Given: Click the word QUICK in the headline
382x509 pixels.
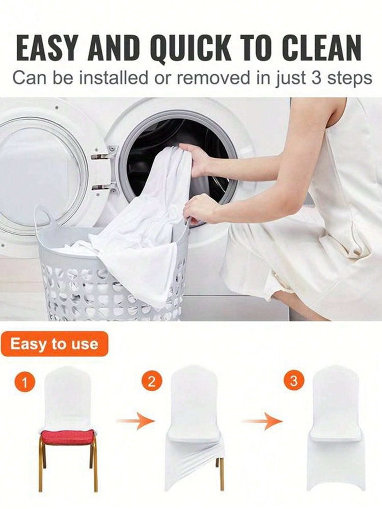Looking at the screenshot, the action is coord(192,49).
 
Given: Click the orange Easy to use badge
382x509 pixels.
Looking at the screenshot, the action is coord(54,344).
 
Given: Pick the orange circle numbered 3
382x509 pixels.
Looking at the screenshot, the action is coord(294,380).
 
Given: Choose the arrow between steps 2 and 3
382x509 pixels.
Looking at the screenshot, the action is coord(262,421).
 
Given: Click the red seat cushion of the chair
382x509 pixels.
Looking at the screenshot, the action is coord(67,437).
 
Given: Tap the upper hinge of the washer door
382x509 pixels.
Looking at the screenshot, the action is coord(103,155).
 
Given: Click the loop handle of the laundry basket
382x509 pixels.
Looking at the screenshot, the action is coord(43,216).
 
